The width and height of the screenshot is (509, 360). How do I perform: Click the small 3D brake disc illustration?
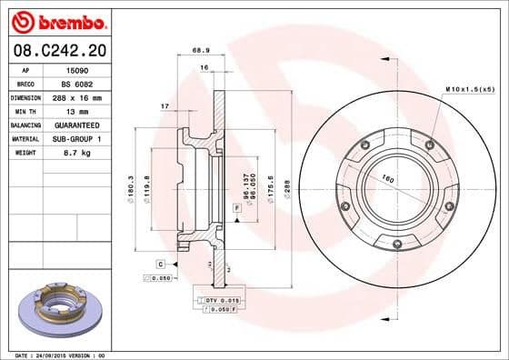click(x=63, y=312)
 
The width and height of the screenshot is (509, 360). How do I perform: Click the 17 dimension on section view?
click(x=165, y=107)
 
